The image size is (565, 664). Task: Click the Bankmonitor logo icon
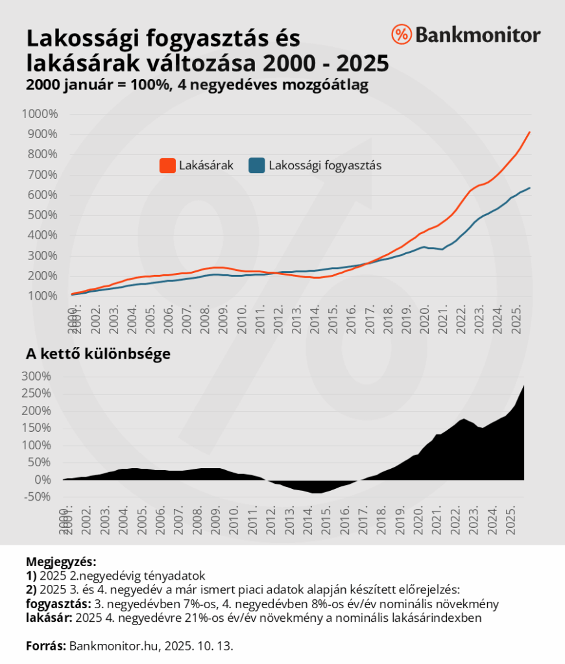point(402,34)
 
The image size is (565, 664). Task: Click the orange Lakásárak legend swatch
point(167,166)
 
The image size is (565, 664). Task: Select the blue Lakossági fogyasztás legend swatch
point(257,166)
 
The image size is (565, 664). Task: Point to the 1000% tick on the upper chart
point(40,114)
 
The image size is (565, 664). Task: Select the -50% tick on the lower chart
point(38,497)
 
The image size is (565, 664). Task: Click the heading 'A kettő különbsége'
point(98,355)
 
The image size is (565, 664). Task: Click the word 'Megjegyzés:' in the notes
point(60,562)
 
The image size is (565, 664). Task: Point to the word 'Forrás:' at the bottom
point(46,646)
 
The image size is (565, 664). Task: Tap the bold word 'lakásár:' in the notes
point(49,618)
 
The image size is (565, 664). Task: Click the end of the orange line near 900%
point(530,132)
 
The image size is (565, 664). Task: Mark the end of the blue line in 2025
point(530,188)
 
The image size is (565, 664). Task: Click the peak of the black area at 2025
point(523,386)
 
